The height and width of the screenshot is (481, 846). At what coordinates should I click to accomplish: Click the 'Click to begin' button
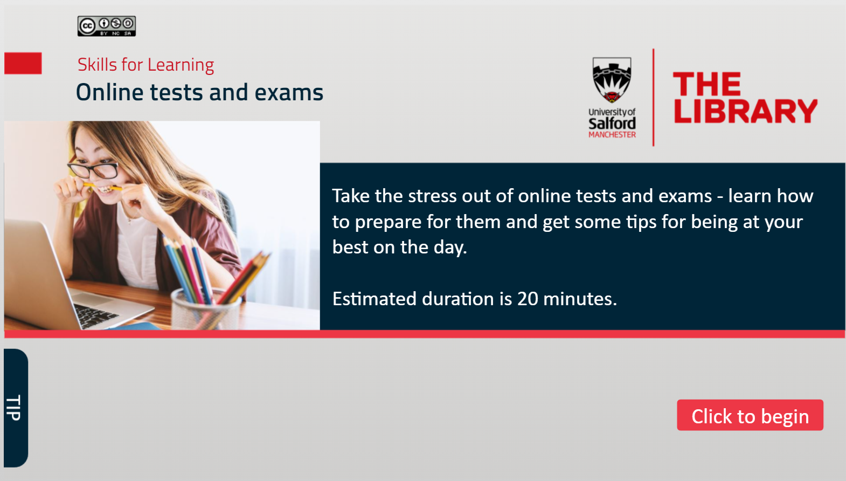[750, 415]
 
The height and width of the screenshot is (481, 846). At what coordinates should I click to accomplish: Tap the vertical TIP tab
[16, 408]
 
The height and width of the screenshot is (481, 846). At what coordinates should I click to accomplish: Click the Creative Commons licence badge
[107, 26]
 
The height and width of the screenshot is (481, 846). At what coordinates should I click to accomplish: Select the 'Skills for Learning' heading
[146, 65]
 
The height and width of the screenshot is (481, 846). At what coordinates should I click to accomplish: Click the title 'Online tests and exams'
[199, 92]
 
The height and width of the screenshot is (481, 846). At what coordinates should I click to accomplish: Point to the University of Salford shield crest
[612, 80]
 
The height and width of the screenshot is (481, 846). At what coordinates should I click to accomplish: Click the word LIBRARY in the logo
[745, 111]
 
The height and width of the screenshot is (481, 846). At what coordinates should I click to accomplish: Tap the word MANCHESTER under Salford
[612, 134]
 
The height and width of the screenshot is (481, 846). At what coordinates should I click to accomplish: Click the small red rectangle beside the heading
[23, 63]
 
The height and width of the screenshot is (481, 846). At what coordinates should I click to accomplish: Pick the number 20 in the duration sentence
[528, 299]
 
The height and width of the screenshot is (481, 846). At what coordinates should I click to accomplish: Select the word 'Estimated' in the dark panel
[375, 299]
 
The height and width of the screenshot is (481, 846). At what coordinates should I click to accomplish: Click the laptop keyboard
[93, 313]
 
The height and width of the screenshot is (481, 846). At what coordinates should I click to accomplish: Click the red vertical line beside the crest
[654, 98]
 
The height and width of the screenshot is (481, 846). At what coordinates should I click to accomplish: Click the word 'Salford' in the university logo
[612, 123]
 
